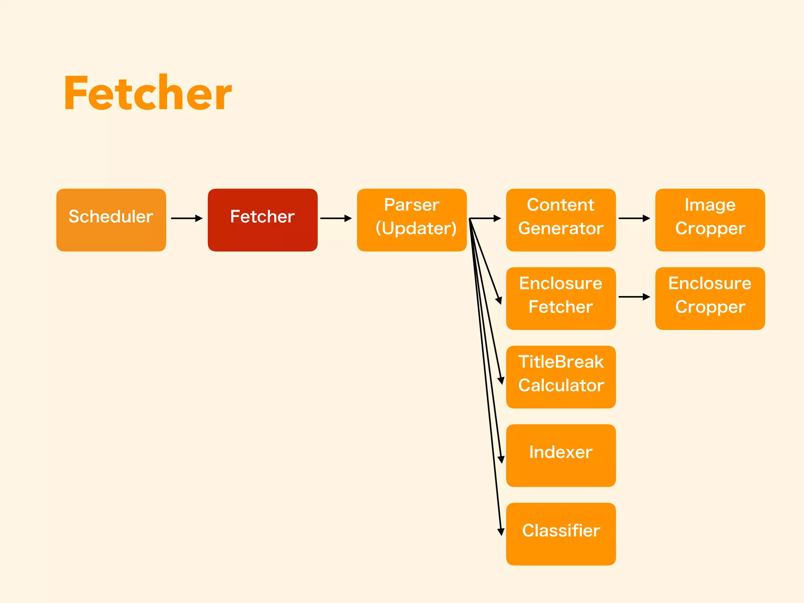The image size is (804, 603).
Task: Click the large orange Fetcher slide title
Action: pos(148,93)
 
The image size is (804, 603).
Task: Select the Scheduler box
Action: pos(111,220)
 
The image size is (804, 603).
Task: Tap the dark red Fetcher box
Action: pos(262,220)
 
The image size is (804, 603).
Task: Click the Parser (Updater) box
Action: pos(411,220)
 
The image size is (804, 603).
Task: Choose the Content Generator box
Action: pos(561,220)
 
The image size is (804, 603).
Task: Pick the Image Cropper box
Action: pos(710,220)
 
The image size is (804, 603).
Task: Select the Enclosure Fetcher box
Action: pos(561,298)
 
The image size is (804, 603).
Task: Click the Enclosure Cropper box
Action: pos(710,298)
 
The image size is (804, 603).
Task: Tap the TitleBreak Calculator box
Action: pos(561,377)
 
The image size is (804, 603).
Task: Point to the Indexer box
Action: pos(561,455)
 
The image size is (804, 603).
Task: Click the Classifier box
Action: pos(561,534)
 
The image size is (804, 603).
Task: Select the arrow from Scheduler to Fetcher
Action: pos(187,218)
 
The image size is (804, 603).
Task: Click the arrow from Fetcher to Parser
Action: pos(336,218)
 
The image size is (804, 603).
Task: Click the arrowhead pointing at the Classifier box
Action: pos(501,532)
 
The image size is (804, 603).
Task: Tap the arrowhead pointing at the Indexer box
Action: pos(501,459)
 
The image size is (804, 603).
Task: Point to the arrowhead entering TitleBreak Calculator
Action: pos(501,380)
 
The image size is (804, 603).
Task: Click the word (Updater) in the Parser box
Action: pos(416,228)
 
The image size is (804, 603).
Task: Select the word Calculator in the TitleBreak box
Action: pos(561,386)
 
